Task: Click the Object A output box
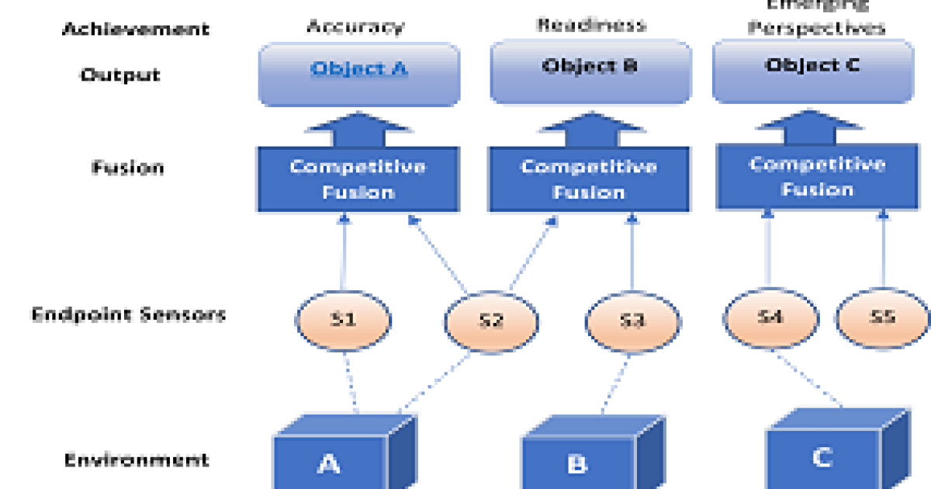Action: (x=358, y=73)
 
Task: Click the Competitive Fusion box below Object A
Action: (x=357, y=179)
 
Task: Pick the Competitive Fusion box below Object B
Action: (x=588, y=179)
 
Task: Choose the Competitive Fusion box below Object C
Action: (x=817, y=176)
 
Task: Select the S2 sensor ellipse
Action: (x=490, y=321)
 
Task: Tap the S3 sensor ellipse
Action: (x=632, y=320)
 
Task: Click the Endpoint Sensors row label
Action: (x=128, y=314)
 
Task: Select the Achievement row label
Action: (x=136, y=29)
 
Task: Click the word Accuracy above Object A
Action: (x=355, y=26)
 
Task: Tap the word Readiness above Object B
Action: (x=591, y=25)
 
